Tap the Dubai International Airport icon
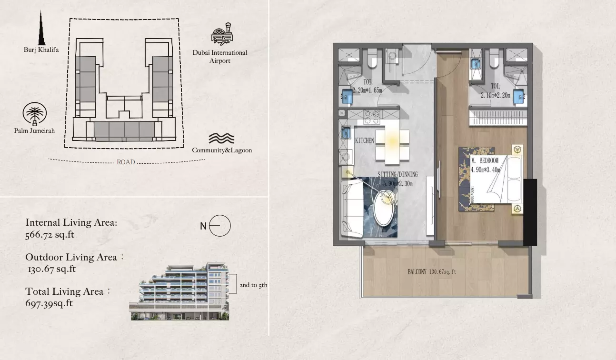(x=222, y=34)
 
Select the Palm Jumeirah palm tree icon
(x=35, y=114)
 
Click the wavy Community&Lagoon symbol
(x=221, y=139)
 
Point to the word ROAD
(x=126, y=162)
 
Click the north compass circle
(x=220, y=226)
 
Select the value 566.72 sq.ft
(x=50, y=235)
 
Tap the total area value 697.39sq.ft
(x=49, y=303)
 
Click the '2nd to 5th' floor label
(x=253, y=285)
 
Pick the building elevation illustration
(x=179, y=291)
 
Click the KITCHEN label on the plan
(x=365, y=141)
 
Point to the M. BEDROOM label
(x=485, y=160)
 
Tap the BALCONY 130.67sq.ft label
(x=432, y=272)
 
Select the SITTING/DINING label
(x=397, y=174)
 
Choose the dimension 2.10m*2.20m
(x=496, y=95)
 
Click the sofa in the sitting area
(x=352, y=209)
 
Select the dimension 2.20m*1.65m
(x=367, y=90)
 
